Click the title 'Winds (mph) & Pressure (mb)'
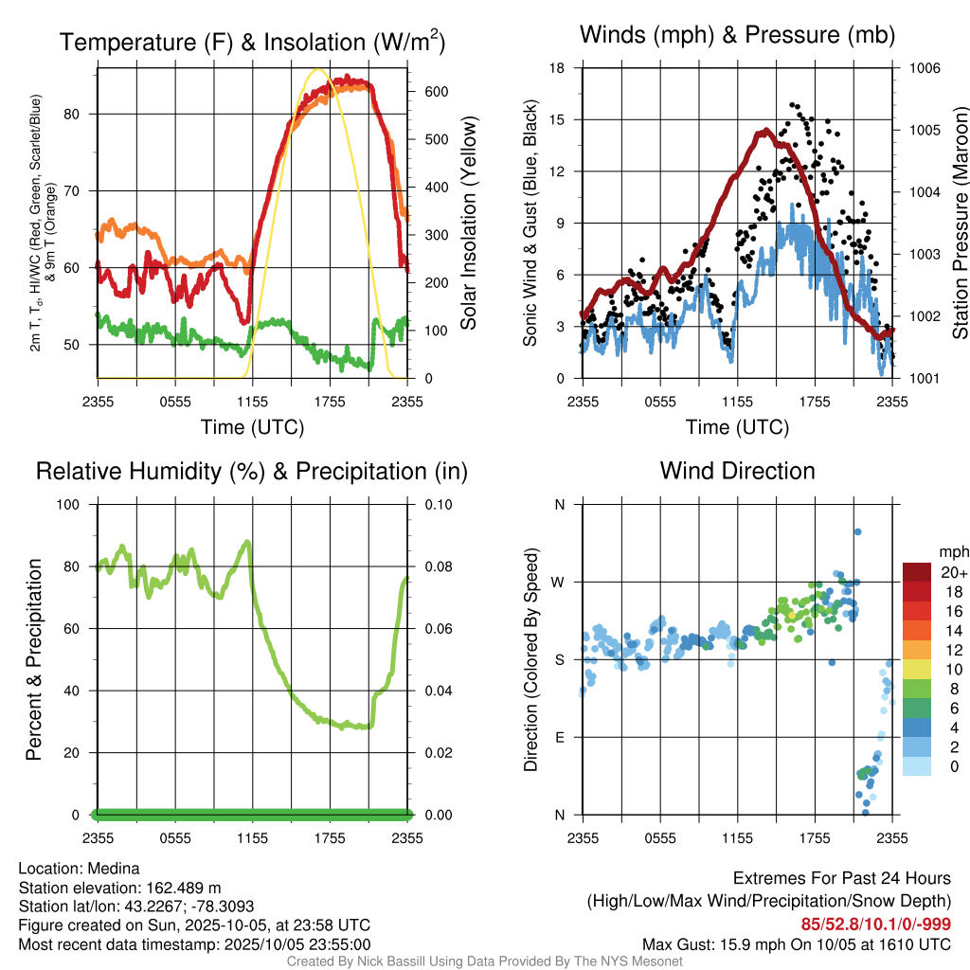(x=737, y=36)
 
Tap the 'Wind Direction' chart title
(x=737, y=471)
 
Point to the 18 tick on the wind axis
(x=558, y=68)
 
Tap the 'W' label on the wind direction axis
(x=559, y=582)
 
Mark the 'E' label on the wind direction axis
(x=559, y=737)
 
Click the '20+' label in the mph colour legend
(x=954, y=572)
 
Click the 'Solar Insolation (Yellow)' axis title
(x=469, y=224)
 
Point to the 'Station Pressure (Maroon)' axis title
(x=959, y=224)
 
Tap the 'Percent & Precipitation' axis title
(x=33, y=659)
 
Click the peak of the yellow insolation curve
(x=319, y=69)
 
